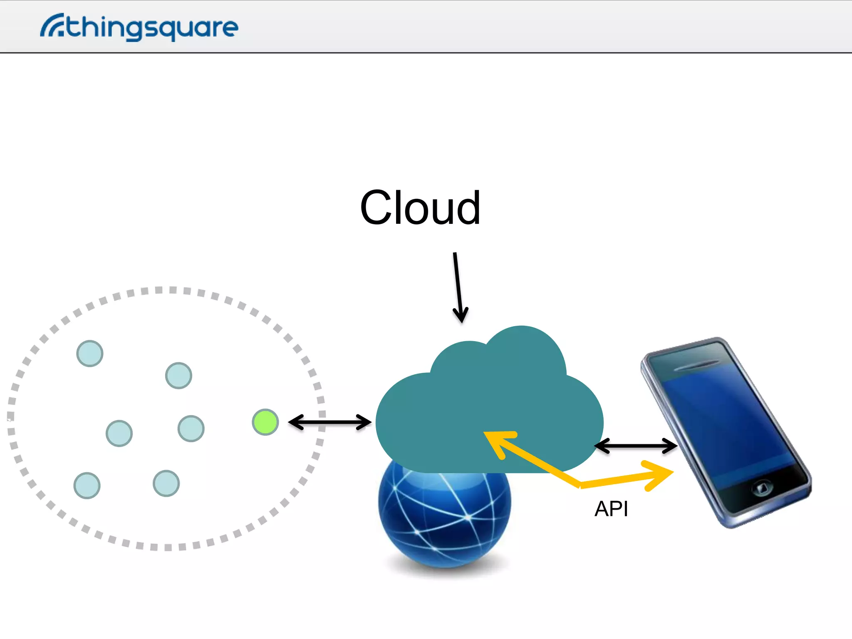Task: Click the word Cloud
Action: click(x=420, y=208)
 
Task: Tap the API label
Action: click(x=611, y=508)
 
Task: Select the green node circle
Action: click(x=265, y=422)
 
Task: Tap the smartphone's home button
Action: click(x=762, y=486)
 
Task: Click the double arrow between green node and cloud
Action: click(x=329, y=422)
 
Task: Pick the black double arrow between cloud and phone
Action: click(x=635, y=446)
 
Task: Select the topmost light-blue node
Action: click(x=89, y=354)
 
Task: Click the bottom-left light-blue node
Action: click(x=87, y=485)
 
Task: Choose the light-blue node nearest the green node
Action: click(x=191, y=428)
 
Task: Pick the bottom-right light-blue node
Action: click(x=166, y=483)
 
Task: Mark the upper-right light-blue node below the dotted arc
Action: click(x=178, y=376)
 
